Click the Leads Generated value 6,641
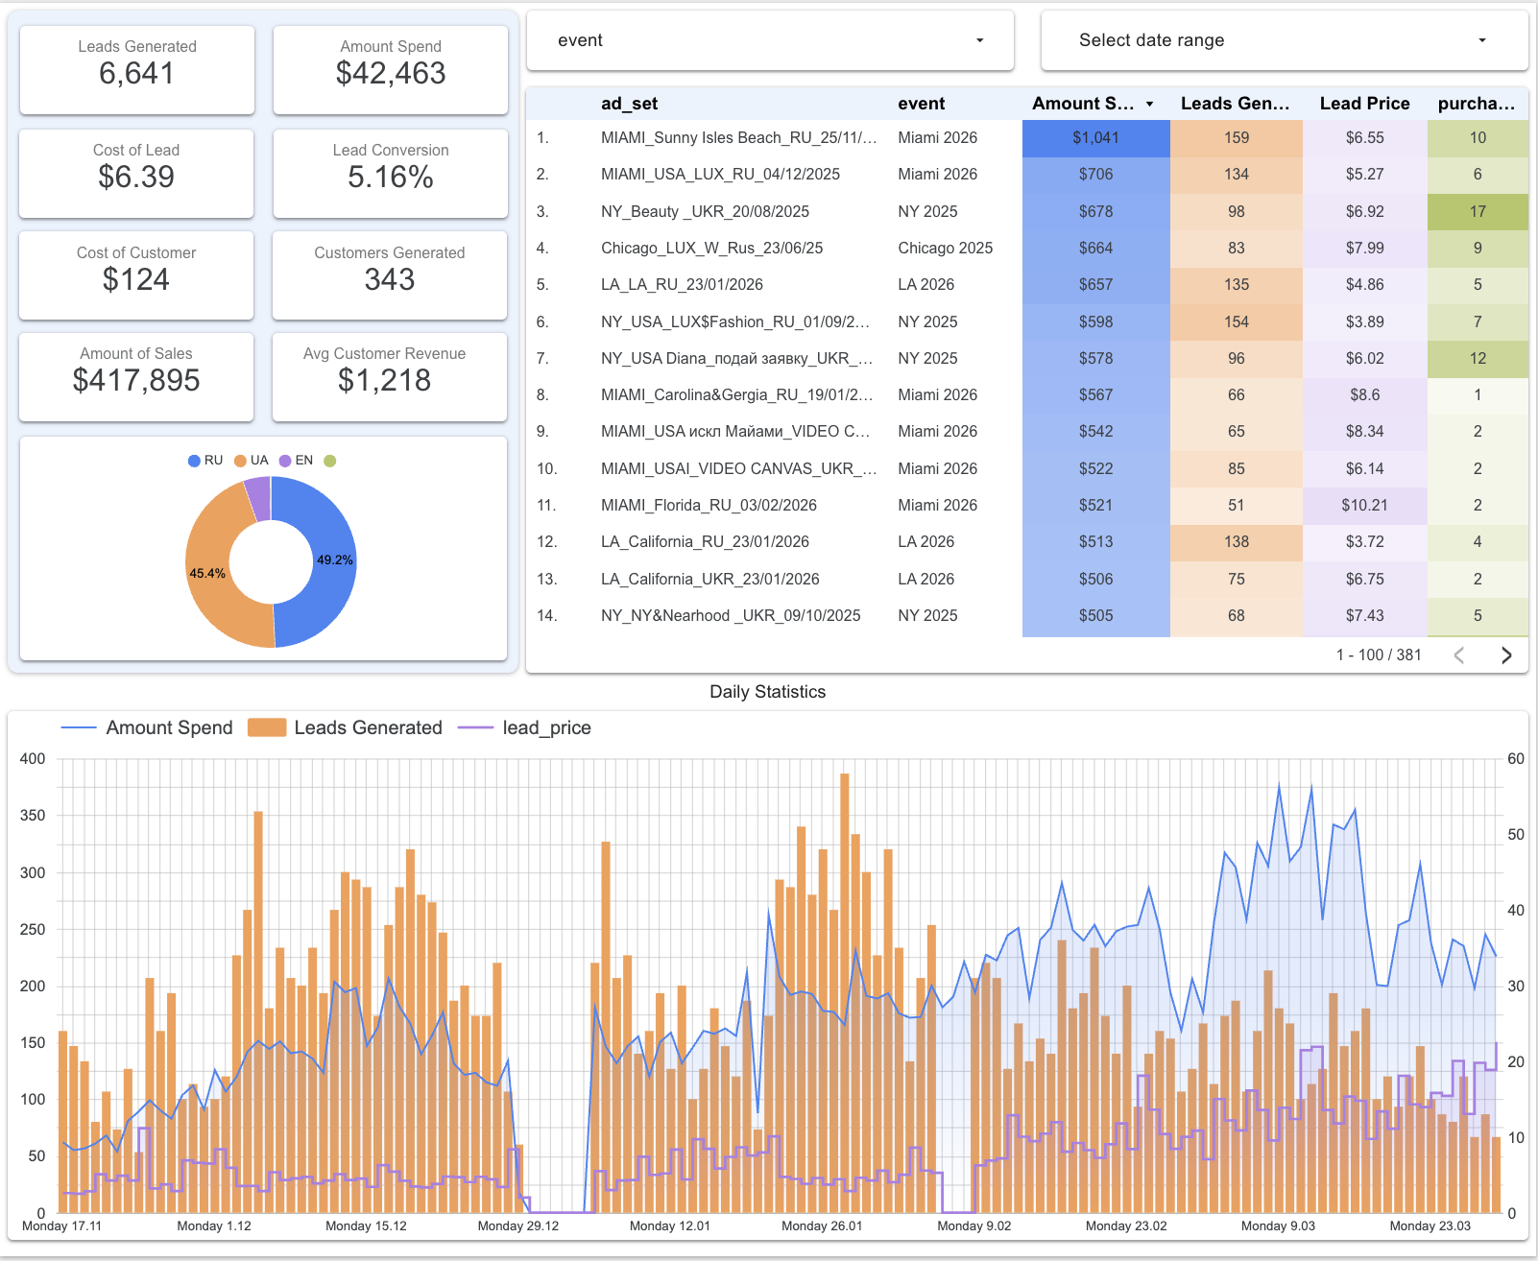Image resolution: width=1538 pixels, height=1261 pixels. pos(136,74)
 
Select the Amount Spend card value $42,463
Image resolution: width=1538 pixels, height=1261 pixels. pos(391,74)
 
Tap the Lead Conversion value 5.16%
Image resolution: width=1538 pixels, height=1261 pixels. pos(390,178)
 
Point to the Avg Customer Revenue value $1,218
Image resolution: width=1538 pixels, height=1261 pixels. pos(384,381)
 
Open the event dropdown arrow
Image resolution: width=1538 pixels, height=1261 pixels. pos(979,40)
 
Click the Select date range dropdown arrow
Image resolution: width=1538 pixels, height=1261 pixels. pos(1481,40)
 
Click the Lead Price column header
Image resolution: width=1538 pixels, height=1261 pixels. pos(1364,104)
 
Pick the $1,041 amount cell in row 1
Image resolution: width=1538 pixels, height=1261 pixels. pos(1095,138)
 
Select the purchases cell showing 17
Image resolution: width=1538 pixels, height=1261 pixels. pos(1477,212)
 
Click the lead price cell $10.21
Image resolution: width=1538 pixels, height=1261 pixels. pos(1364,506)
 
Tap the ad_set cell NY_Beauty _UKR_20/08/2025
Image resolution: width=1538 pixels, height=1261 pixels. pos(705,212)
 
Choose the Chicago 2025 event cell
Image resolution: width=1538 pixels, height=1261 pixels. pos(945,249)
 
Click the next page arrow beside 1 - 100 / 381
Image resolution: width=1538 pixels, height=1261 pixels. pos(1505,655)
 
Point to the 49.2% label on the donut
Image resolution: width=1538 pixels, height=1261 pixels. pos(335,560)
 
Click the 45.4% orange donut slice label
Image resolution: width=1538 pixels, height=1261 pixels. pos(207,574)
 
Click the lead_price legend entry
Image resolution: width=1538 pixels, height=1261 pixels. pos(525,728)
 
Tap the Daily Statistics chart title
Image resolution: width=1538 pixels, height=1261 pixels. pos(767,692)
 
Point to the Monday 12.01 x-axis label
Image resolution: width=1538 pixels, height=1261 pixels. pos(669,1226)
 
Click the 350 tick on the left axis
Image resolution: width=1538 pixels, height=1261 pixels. pos(33,816)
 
